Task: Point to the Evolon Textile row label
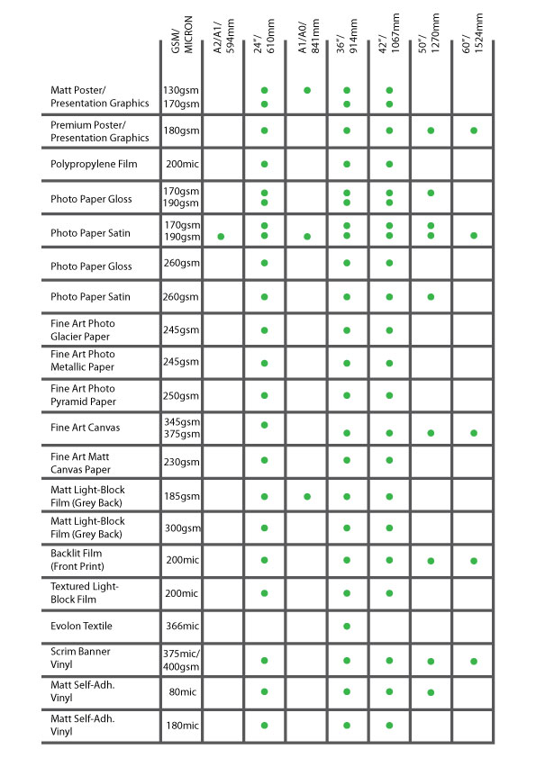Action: coord(82,626)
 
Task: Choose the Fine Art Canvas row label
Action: coord(86,428)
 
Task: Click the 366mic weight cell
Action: coord(181,626)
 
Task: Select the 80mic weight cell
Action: coord(181,692)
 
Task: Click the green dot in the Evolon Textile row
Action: coord(348,626)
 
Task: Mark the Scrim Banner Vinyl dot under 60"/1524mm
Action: coord(473,661)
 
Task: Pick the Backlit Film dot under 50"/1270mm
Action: coord(431,561)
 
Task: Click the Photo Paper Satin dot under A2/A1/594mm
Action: coord(221,236)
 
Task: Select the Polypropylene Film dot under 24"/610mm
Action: coord(265,164)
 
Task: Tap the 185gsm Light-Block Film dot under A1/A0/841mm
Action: coord(307,496)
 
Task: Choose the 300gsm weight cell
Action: coord(181,529)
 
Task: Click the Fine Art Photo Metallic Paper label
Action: coord(83,361)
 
